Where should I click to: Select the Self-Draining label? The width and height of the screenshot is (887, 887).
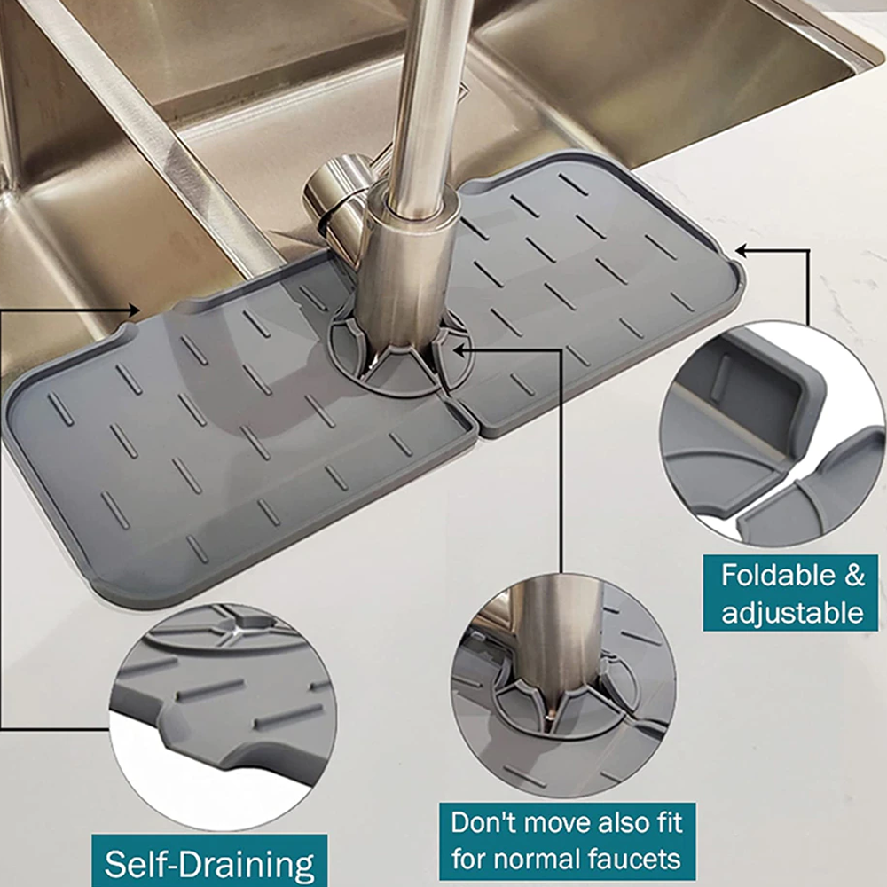209,863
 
